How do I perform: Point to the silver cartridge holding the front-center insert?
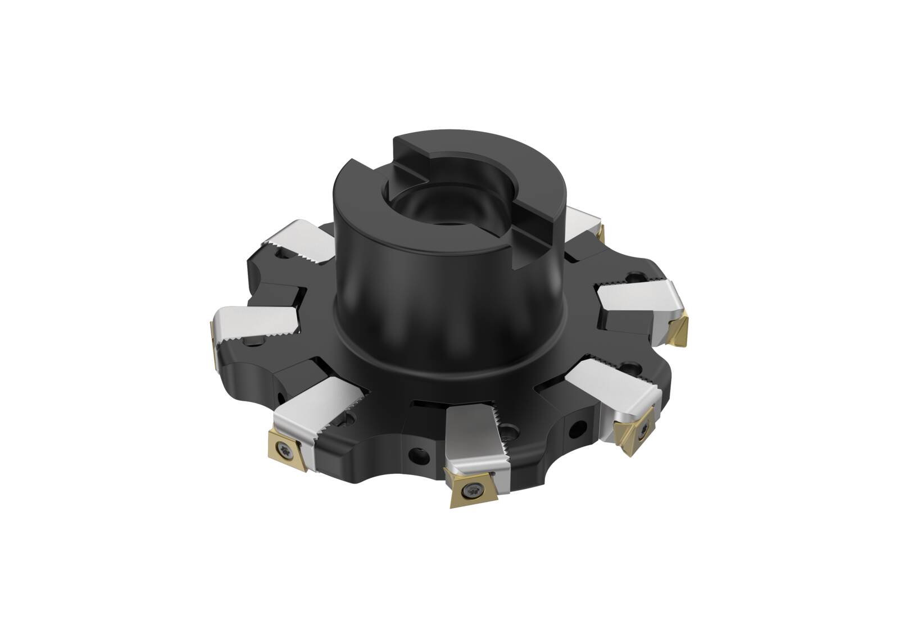[472, 444]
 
